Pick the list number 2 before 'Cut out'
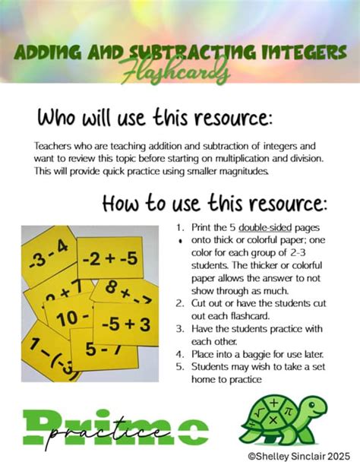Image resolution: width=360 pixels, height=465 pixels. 179,301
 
